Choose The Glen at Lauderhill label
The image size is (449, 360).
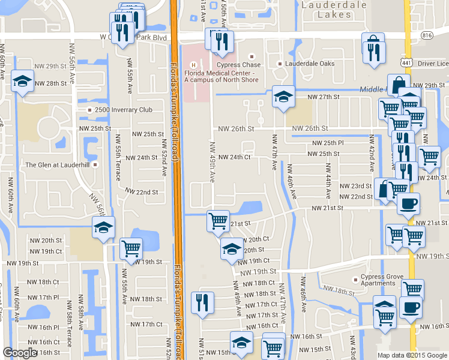pyautogui.click(x=57, y=164)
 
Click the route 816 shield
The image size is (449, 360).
pyautogui.click(x=427, y=35)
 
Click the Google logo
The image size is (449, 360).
pyautogui.click(x=20, y=353)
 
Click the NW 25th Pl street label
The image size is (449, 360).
pyautogui.click(x=328, y=143)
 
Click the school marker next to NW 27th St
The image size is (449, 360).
pyautogui.click(x=282, y=97)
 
